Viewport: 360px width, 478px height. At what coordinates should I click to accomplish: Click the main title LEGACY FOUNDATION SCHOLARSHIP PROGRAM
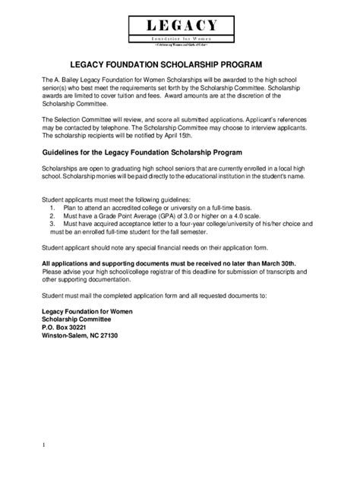(x=179, y=64)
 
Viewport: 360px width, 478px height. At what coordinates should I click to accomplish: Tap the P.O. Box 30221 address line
(x=67, y=325)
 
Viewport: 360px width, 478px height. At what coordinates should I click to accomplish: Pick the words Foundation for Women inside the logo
(x=180, y=37)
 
